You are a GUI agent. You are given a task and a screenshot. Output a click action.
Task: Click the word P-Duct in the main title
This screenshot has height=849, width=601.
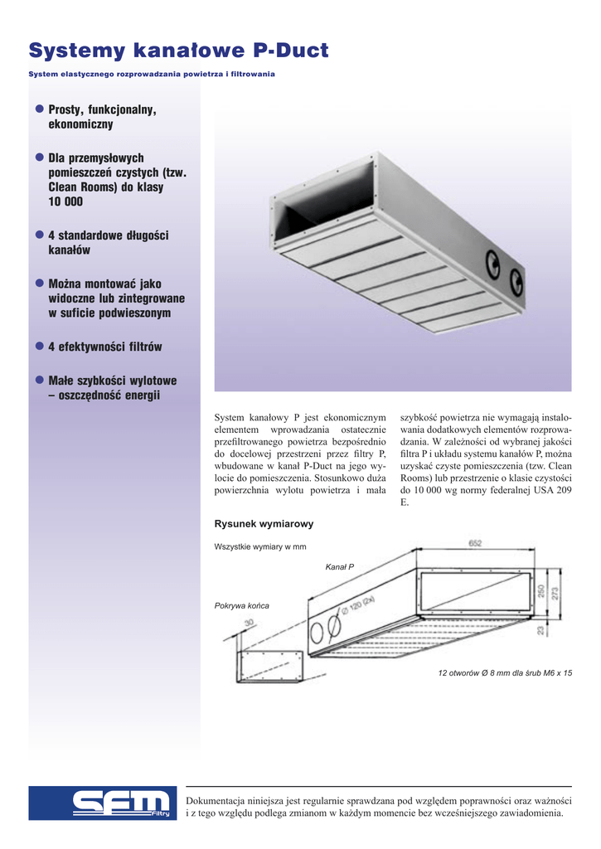[x=290, y=51]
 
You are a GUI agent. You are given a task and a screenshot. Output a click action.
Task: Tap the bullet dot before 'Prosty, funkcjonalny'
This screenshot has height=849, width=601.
[x=39, y=109]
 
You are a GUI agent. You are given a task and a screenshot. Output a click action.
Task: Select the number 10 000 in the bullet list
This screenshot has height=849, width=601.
[x=65, y=202]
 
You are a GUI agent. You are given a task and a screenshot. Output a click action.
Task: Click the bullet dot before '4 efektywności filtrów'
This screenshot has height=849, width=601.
[x=39, y=346]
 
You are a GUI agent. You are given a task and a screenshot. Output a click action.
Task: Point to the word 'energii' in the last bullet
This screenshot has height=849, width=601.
[x=136, y=395]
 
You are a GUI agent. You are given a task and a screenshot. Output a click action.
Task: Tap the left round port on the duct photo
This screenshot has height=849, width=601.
[x=492, y=263]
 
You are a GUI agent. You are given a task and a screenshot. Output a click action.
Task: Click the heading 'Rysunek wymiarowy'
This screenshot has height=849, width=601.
[x=264, y=524]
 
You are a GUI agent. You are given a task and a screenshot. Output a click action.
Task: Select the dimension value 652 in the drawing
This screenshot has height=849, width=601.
[x=475, y=544]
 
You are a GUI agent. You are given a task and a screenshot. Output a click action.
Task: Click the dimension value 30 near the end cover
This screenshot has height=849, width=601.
[x=248, y=623]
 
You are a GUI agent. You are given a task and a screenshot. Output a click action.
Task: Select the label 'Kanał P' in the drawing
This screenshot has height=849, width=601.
[x=339, y=566]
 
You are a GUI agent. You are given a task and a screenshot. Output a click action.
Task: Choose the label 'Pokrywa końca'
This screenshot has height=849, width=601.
[x=241, y=605]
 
